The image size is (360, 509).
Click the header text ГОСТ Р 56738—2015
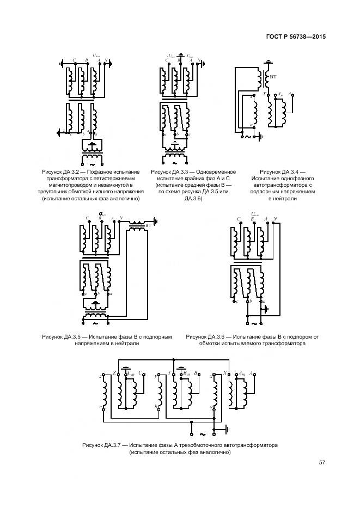click(x=296, y=37)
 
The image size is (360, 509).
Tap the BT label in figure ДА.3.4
click(x=273, y=78)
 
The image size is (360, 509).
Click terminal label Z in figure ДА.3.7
click(x=114, y=373)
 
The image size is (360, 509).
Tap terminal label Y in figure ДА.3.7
click(x=169, y=373)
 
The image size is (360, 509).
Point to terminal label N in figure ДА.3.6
click(x=276, y=219)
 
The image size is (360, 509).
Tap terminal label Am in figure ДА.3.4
click(x=280, y=94)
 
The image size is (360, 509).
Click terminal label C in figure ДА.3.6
click(x=239, y=219)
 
